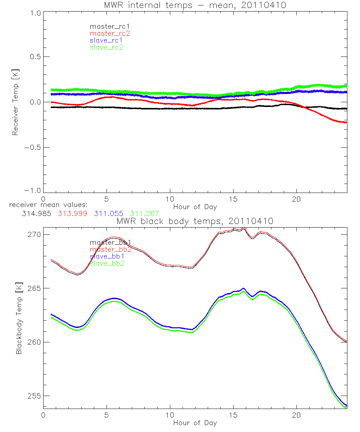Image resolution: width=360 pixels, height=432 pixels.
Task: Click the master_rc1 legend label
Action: point(106,26)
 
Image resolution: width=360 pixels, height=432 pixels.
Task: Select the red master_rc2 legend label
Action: point(109,33)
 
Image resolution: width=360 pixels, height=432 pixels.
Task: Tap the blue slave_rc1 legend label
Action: point(106,40)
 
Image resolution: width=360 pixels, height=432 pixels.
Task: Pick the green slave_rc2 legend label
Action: point(106,47)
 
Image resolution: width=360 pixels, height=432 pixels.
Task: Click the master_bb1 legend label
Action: point(110,243)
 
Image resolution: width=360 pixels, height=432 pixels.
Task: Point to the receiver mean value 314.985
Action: point(36,213)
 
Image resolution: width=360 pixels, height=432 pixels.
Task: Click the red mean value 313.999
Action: point(72,213)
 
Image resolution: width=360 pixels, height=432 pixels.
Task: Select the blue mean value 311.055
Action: point(108,213)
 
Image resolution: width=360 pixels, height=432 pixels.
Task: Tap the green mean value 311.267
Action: point(144,213)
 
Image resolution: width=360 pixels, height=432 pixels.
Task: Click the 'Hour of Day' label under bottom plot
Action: point(195,423)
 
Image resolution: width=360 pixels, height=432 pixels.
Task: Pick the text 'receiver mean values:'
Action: point(45,205)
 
